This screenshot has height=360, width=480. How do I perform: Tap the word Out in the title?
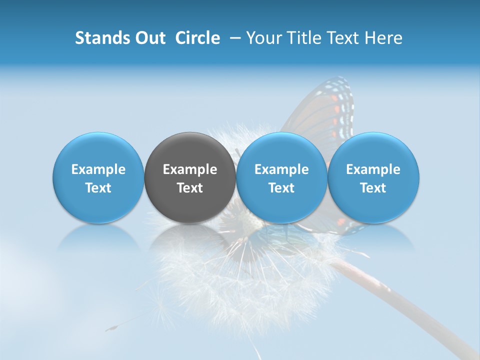(150, 38)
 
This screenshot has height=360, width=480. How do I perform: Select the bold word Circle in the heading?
(197, 38)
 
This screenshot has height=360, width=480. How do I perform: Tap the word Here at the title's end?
(383, 38)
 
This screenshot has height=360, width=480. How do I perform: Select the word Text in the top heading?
(343, 38)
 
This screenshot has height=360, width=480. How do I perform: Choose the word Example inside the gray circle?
(190, 169)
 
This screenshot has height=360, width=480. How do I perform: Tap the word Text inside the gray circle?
(190, 188)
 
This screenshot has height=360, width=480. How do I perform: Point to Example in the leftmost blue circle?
(98, 169)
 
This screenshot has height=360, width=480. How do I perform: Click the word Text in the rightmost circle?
(373, 188)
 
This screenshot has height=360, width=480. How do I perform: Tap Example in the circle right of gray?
(281, 169)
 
